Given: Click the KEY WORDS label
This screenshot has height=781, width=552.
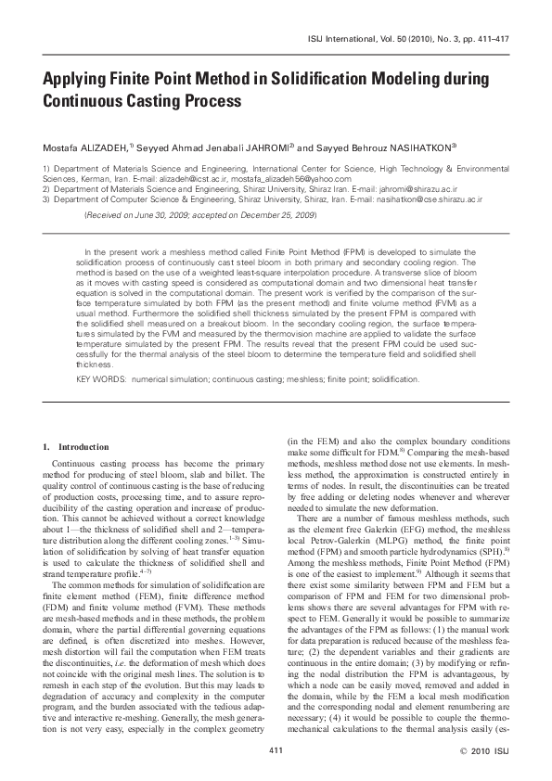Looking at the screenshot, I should coord(96,379).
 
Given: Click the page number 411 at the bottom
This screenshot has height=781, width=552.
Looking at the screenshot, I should coord(276,749).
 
